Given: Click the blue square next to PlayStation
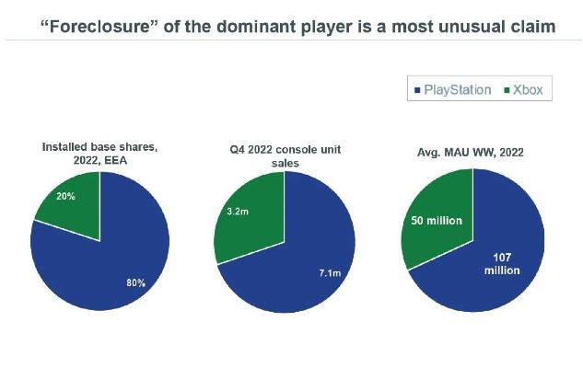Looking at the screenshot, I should pos(418,90).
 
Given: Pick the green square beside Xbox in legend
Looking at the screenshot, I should pos(507,90).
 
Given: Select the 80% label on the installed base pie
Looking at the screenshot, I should pos(135,282).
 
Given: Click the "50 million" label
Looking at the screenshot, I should pos(436,222).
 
